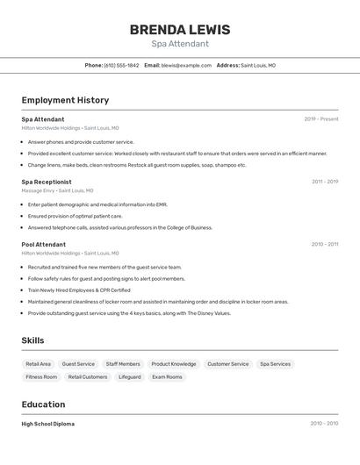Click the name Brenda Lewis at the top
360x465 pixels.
pos(179,30)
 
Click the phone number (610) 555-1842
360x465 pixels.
pos(121,65)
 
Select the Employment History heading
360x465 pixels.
pos(65,100)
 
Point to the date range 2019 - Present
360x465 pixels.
pos(321,118)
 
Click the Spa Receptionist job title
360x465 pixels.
pos(47,182)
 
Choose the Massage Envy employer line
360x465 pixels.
pos(57,190)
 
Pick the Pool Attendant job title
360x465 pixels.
pos(44,244)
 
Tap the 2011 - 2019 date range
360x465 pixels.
pos(325,182)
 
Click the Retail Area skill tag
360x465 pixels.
pos(39,363)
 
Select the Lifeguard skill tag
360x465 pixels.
pos(129,376)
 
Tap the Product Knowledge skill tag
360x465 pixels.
pos(173,363)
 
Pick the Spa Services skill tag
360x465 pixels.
pos(275,363)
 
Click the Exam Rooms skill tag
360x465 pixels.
pos(167,376)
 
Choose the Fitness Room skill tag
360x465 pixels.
pos(41,376)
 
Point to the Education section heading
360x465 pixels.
pos(43,404)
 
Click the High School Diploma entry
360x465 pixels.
pos(48,424)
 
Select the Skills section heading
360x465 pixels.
pos(32,340)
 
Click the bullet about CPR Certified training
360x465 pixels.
pos(79,290)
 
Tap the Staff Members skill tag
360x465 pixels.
pos(123,363)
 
